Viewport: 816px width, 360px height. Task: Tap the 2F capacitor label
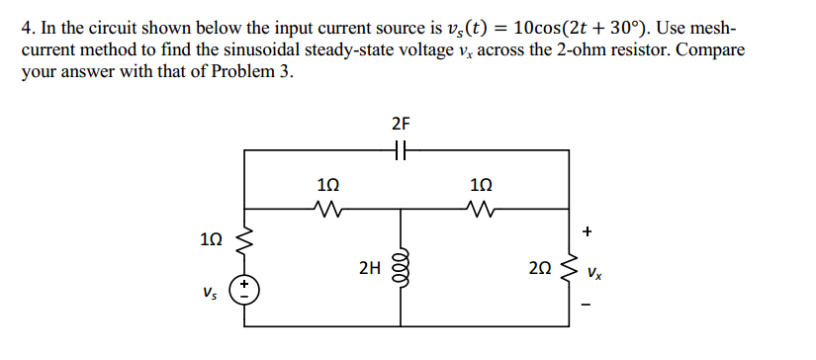point(401,124)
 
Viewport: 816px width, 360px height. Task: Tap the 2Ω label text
point(541,268)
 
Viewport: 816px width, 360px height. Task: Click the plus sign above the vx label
point(588,231)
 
